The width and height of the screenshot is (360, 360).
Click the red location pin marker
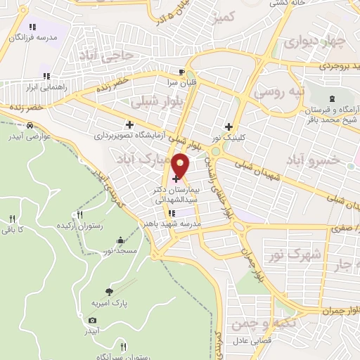181,165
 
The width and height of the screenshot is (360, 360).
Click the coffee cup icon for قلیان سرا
181,72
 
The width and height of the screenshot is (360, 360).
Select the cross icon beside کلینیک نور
229,126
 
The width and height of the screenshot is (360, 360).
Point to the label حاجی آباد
106,54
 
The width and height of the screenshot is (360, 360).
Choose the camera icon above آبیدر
93,320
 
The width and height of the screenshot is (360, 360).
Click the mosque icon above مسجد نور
122,240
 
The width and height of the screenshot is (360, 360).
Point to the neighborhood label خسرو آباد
314,160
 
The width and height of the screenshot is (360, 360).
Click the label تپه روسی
278,91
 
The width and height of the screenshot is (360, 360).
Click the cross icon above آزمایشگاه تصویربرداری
129,124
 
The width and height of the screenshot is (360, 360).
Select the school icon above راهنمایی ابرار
47,75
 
